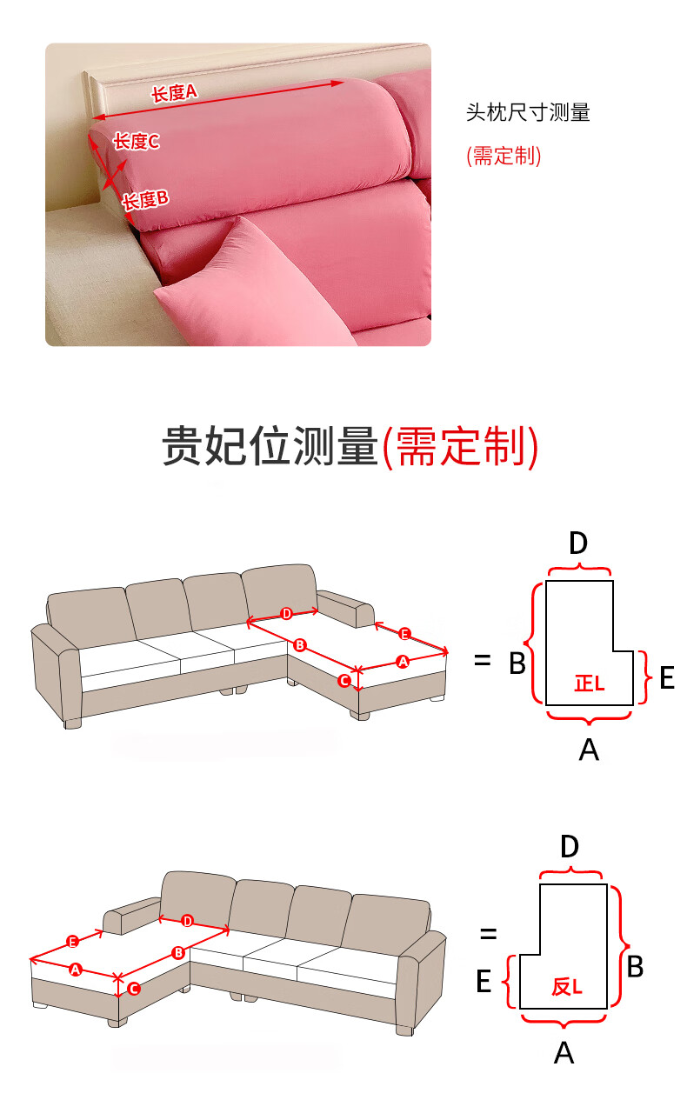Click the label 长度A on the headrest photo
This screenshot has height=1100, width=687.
[174, 93]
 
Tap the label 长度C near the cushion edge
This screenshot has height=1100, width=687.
[137, 142]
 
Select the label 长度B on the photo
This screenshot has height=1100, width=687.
[145, 200]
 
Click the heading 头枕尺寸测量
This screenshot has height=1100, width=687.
[528, 112]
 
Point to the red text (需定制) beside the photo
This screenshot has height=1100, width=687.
[504, 156]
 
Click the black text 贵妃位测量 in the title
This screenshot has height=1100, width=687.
[270, 446]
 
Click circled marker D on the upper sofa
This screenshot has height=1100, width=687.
[287, 613]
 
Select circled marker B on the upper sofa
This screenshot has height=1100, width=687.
[299, 645]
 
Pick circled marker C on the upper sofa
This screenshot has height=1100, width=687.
[344, 681]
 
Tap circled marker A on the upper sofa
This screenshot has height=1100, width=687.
[403, 662]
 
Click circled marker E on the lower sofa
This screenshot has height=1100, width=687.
[73, 942]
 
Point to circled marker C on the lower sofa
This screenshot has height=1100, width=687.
[134, 989]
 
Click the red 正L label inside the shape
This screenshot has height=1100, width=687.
[590, 683]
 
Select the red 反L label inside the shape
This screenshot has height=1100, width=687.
[567, 987]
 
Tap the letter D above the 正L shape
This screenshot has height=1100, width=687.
[578, 543]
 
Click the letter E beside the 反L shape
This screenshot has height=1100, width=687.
[484, 981]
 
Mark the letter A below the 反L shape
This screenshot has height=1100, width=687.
[564, 1053]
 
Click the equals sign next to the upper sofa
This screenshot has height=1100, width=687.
[483, 660]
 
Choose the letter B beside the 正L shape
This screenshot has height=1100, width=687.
[517, 663]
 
